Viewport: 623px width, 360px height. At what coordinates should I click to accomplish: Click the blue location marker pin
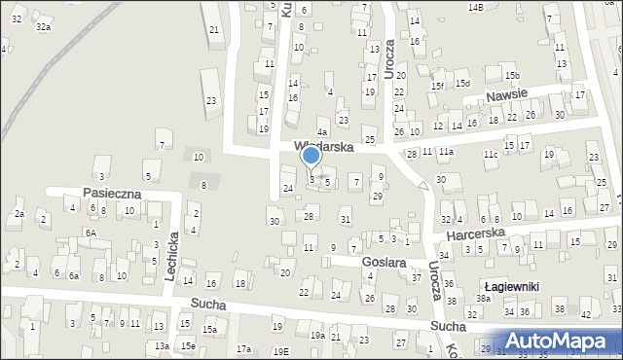[x=311, y=156]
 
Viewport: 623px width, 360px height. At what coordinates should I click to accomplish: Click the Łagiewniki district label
[x=512, y=285]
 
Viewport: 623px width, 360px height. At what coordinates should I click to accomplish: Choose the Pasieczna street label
[x=112, y=194]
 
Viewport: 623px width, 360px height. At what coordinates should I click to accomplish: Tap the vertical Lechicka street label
[x=170, y=257]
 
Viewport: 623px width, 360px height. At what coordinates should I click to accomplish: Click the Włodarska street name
[x=323, y=147]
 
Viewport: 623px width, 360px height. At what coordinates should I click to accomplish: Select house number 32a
[x=43, y=27]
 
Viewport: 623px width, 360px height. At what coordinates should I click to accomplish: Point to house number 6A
[x=90, y=234]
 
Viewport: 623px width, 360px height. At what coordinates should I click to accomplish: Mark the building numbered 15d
[x=462, y=84]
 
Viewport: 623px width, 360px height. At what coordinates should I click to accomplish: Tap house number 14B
[x=475, y=8]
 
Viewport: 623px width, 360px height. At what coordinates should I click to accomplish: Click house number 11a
[x=446, y=152]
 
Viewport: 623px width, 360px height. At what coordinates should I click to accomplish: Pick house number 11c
[x=491, y=155]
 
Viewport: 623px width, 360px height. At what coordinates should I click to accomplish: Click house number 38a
[x=483, y=299]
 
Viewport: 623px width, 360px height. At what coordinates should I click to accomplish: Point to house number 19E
[x=280, y=351]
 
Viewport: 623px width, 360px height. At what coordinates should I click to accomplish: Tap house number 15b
[x=512, y=76]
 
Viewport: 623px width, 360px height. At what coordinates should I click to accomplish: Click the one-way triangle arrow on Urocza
[x=422, y=185]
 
